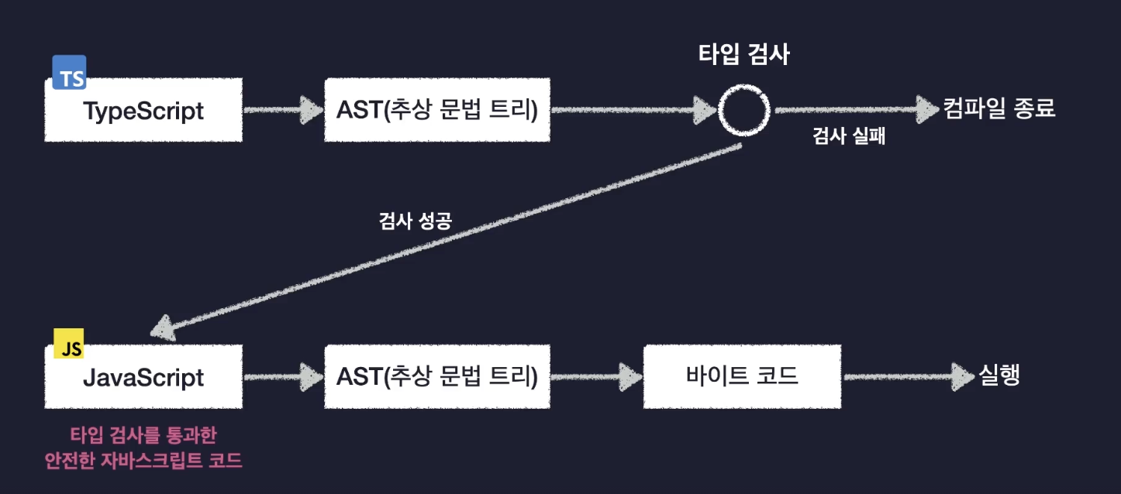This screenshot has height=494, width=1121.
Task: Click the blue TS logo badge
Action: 69,72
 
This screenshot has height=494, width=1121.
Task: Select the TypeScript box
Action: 143,111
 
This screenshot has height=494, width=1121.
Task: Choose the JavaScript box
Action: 143,378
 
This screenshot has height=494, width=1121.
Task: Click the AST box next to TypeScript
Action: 437,110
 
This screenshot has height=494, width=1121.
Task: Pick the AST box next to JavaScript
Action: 437,377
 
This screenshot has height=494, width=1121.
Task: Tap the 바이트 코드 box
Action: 742,377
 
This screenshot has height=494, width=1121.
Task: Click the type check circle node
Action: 743,111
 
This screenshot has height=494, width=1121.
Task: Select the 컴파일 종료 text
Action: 999,108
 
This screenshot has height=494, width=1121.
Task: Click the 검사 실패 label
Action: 849,137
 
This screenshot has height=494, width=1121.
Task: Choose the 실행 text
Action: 999,376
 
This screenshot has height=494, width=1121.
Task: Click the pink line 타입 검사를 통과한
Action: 143,435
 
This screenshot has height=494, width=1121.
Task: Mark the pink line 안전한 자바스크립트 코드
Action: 143,461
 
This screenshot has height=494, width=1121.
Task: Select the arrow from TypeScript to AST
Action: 283,111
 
